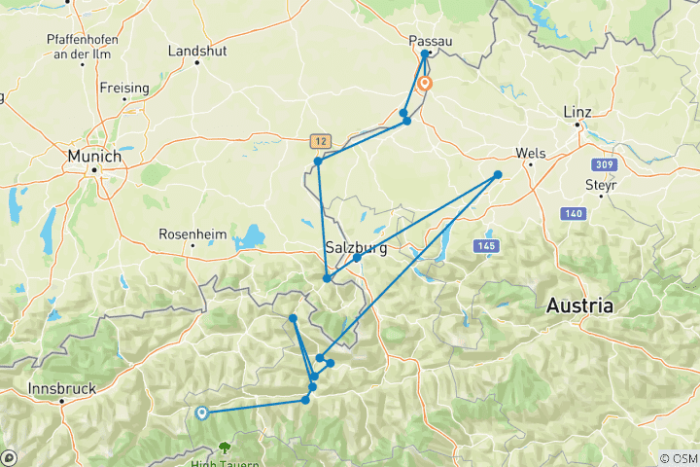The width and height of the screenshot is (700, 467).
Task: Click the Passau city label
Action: click(432, 40)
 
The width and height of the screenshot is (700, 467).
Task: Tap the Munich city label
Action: click(94, 156)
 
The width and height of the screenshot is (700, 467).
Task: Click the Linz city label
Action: click(577, 112)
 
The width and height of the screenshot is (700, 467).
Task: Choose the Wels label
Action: click(531, 153)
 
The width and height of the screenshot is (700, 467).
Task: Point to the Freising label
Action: click(124, 88)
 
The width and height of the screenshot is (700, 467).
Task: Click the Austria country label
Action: click(579, 305)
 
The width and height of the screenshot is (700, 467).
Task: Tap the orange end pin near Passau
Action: click(425, 84)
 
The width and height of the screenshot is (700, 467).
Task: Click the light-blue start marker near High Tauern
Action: click(201, 413)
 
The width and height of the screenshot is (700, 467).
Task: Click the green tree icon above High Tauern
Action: click(225, 449)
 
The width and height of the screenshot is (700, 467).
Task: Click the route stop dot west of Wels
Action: click(498, 175)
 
